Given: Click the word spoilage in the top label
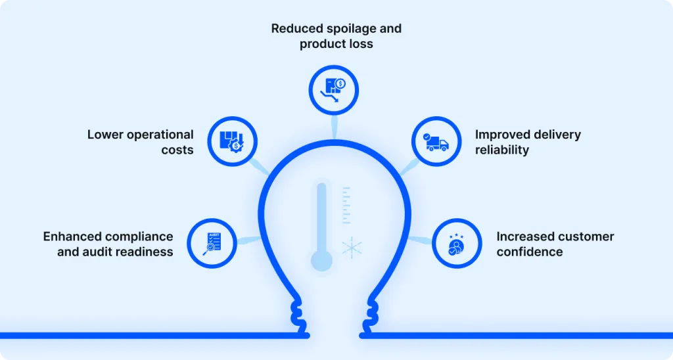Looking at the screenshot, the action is [347, 29].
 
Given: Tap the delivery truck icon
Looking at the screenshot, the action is [436, 143].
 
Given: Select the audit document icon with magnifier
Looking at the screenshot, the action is [212, 244].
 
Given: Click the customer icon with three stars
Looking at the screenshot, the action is [456, 244].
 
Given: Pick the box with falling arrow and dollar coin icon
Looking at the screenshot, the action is [333, 90].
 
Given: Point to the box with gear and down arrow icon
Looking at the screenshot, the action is [232, 141].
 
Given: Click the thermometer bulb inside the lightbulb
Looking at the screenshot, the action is [321, 260].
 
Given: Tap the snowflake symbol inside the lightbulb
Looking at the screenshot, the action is [352, 248].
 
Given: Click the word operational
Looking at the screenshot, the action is [160, 135].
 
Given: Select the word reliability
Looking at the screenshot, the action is [501, 150].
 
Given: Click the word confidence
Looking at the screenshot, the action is [530, 252].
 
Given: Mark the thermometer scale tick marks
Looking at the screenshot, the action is [346, 205].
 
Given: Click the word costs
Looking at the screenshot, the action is [177, 150].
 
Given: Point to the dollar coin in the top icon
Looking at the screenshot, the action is [340, 83].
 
